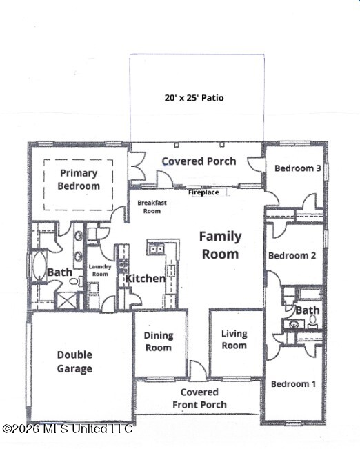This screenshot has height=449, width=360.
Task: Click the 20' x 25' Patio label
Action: click(x=194, y=98)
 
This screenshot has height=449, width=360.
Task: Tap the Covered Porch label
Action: click(x=199, y=161)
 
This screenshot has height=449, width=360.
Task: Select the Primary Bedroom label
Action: click(x=79, y=179)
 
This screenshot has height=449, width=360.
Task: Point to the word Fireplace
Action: click(x=203, y=192)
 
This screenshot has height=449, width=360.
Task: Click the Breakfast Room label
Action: click(x=152, y=207)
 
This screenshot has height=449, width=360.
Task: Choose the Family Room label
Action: click(x=220, y=246)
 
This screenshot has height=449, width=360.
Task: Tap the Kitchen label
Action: click(x=146, y=279)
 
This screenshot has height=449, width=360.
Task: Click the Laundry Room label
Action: click(x=100, y=270)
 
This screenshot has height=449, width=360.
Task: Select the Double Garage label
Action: click(x=74, y=361)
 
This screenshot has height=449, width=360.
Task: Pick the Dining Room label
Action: click(x=159, y=341)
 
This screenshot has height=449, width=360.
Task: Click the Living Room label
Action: click(x=234, y=339)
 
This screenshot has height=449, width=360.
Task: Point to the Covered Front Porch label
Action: click(x=199, y=399)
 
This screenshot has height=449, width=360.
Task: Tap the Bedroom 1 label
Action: click(x=293, y=384)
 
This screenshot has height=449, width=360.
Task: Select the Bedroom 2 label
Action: click(x=292, y=255)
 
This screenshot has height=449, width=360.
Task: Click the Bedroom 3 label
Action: click(x=297, y=168)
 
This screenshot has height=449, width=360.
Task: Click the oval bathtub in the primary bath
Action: click(x=39, y=266)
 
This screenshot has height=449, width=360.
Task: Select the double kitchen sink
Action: click(x=156, y=249)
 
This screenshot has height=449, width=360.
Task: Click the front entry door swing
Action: click(x=198, y=370)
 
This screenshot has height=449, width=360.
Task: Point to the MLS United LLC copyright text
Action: click(x=68, y=429)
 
